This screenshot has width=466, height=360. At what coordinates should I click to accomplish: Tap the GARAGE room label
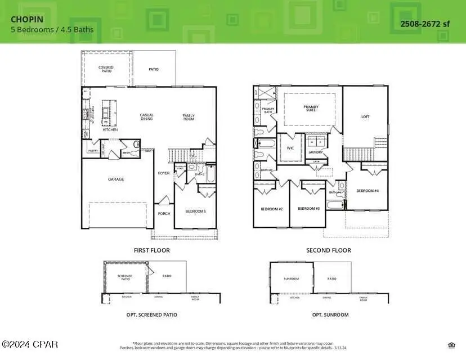pyautogui.click(x=116, y=179)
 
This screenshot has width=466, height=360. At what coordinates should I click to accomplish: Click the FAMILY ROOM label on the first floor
pyautogui.click(x=188, y=117)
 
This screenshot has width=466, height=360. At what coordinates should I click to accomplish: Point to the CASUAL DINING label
pyautogui.click(x=146, y=117)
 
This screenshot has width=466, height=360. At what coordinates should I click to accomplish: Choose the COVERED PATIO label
pyautogui.click(x=106, y=69)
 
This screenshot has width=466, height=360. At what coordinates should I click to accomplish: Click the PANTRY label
pyautogui.click(x=92, y=151)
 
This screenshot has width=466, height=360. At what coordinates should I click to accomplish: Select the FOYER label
pyautogui.click(x=164, y=173)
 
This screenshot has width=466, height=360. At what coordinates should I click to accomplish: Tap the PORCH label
pyautogui.click(x=163, y=213)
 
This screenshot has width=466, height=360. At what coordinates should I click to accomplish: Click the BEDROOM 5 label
pyautogui.click(x=196, y=211)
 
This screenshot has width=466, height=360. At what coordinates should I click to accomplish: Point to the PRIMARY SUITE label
pyautogui.click(x=311, y=108)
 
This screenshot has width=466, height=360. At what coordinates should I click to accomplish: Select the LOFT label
pyautogui.click(x=365, y=117)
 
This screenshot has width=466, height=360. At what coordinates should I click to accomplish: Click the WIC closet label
pyautogui.click(x=290, y=148)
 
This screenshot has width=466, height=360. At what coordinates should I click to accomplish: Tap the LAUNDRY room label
pyautogui.click(x=316, y=152)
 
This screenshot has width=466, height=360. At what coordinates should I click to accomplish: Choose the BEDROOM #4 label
pyautogui.click(x=368, y=191)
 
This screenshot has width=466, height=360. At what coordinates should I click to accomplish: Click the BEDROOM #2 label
pyautogui.click(x=271, y=209)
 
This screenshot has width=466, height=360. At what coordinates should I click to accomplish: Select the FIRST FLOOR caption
pyautogui.click(x=151, y=250)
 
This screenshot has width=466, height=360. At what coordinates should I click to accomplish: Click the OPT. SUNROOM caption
pyautogui.click(x=330, y=315)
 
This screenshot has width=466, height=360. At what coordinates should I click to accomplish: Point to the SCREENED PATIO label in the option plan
pyautogui.click(x=125, y=277)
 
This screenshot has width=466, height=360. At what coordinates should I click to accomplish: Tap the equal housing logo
pyautogui.click(x=451, y=345)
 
